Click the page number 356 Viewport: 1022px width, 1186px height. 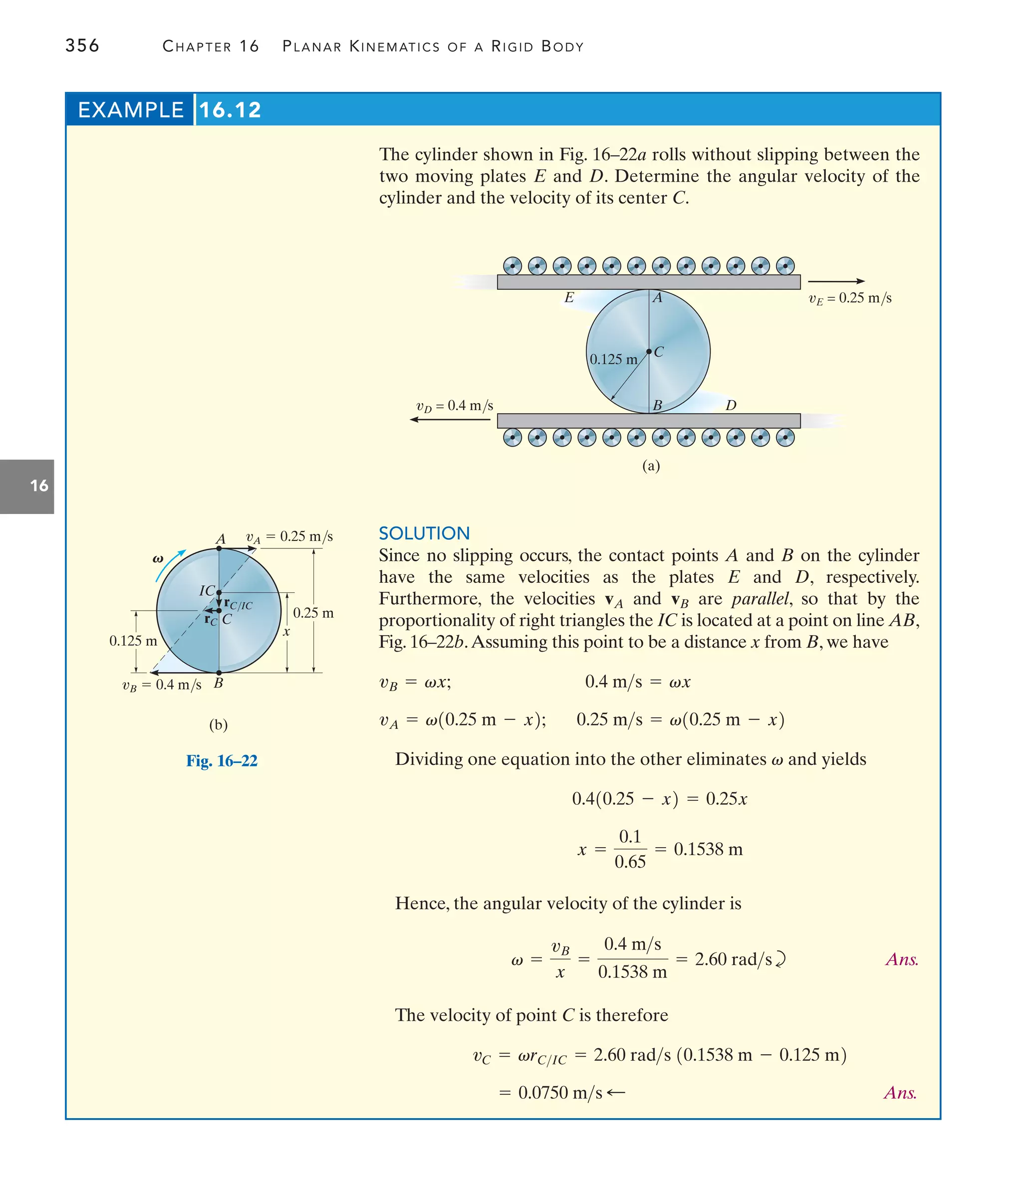coord(82,46)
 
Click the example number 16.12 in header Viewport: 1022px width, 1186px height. coord(230,110)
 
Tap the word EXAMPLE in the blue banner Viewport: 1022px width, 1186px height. coord(131,110)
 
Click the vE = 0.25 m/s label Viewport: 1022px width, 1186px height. coord(850,298)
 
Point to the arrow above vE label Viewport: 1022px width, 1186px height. coord(836,281)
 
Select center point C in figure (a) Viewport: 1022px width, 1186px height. coord(649,351)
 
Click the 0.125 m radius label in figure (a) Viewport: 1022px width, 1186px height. coord(613,359)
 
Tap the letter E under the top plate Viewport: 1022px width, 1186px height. coord(568,298)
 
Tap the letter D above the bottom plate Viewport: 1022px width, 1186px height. coord(731,405)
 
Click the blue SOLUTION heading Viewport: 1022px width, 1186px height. coord(424,533)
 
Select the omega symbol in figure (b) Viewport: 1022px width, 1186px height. coord(158,559)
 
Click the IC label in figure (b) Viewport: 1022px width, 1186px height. coord(207,590)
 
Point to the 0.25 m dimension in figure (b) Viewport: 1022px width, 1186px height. coord(313,613)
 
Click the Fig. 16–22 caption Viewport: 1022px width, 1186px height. coord(222,761)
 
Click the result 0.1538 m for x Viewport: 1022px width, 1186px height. coord(708,849)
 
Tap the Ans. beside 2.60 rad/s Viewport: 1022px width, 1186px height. coord(902,959)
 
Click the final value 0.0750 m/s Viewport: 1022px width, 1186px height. coord(560,1093)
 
